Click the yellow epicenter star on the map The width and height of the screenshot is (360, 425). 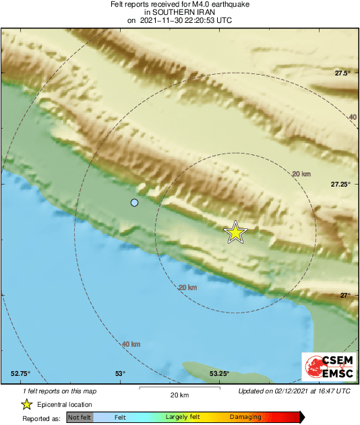pyautogui.click(x=235, y=232)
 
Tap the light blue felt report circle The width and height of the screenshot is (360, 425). pyautogui.click(x=135, y=203)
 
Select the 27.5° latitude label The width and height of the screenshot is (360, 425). pyautogui.click(x=343, y=73)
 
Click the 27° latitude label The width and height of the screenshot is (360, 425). pyautogui.click(x=345, y=295)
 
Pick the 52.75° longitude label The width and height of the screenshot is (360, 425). pyautogui.click(x=20, y=374)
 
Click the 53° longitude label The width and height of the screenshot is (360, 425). pyautogui.click(x=120, y=374)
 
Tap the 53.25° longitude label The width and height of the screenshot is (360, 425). pyautogui.click(x=219, y=374)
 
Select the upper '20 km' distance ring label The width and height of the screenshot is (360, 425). pyautogui.click(x=301, y=174)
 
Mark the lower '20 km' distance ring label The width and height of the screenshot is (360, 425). pyautogui.click(x=187, y=288)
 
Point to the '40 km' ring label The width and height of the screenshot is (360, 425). pyautogui.click(x=131, y=344)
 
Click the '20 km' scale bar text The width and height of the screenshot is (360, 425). pyautogui.click(x=179, y=395)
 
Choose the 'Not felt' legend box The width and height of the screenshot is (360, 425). pyautogui.click(x=80, y=418)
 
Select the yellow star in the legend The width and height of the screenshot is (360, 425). pyautogui.click(x=26, y=404)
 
